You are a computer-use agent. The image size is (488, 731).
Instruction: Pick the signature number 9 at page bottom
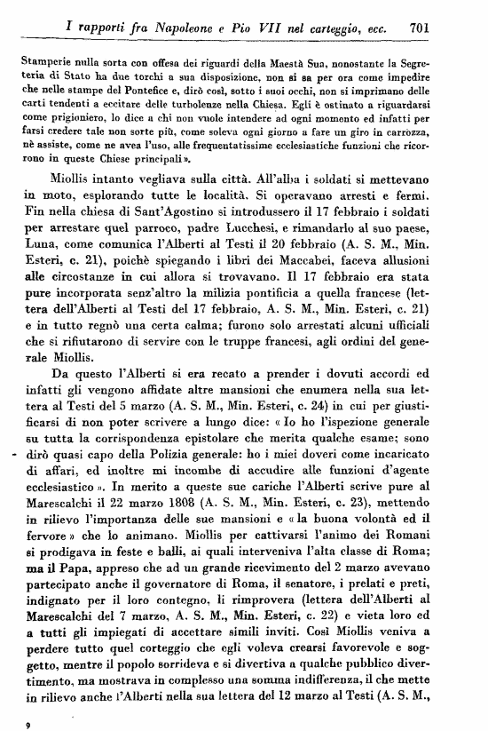29,725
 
